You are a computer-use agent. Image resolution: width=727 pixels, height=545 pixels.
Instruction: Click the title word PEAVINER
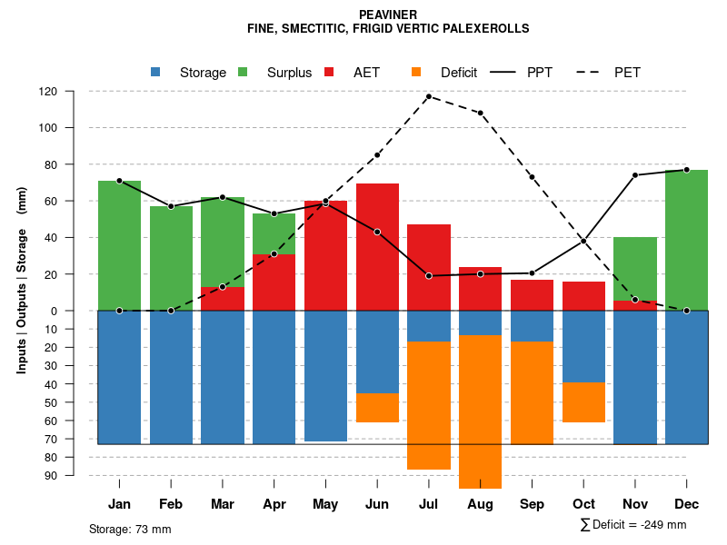click(388, 15)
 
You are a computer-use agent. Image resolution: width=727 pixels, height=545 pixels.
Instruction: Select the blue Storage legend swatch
click(155, 72)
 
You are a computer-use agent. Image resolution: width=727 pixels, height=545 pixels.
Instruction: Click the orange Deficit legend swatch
click(416, 72)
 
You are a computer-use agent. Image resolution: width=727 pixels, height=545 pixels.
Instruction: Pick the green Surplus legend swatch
click(243, 72)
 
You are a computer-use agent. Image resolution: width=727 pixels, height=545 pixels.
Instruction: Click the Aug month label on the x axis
click(480, 504)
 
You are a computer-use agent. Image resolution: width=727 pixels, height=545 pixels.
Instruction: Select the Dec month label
click(686, 504)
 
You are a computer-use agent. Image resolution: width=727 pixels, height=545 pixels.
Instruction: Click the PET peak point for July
click(428, 96)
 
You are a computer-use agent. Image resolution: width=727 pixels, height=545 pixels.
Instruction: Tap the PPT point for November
click(635, 175)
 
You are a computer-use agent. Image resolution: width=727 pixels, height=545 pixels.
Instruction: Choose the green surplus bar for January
click(119, 245)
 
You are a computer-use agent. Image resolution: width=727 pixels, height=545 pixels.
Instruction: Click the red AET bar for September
click(532, 295)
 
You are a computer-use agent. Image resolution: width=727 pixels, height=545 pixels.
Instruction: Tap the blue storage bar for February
click(171, 377)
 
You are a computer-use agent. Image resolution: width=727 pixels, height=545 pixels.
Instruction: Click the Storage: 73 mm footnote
click(130, 529)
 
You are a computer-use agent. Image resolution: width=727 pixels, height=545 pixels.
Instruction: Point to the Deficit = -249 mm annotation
click(633, 525)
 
